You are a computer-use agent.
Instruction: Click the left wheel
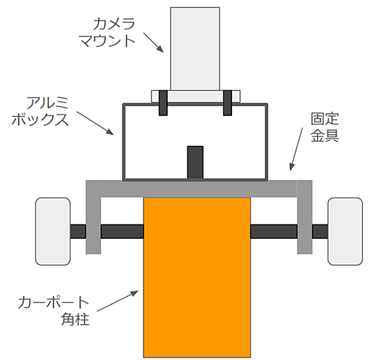53,231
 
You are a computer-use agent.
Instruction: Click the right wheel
345,231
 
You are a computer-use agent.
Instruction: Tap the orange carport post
197,278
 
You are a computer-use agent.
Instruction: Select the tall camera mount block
195,48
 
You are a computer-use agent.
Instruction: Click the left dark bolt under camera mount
163,103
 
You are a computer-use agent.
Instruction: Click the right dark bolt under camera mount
227,103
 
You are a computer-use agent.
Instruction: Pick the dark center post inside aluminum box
195,162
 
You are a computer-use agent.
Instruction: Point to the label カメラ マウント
107,33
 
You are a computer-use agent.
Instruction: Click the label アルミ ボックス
40,111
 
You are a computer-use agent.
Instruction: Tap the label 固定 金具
325,127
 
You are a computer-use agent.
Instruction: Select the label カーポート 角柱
54,311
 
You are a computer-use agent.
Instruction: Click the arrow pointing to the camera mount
153,43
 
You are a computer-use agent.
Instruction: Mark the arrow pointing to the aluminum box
95,123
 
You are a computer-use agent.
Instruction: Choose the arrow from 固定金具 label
296,149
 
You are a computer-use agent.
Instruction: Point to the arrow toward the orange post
118,301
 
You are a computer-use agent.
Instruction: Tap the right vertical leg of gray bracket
305,217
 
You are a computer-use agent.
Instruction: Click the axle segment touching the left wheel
78,232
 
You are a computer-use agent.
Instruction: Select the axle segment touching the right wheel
320,232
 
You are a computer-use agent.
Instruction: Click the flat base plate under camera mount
195,96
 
